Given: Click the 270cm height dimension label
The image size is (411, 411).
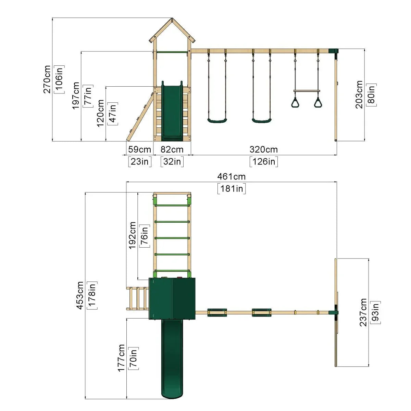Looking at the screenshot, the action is click(47, 79).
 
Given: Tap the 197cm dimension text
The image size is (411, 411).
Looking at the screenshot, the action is click(76, 96).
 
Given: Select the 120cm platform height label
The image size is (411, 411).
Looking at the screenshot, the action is click(100, 113).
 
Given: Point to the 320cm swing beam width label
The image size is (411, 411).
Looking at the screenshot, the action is click(264, 150).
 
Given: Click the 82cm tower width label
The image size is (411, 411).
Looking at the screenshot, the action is click(172, 150).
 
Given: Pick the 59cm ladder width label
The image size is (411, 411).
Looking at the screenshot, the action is click(139, 150).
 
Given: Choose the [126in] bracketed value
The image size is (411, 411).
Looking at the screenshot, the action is click(264, 162).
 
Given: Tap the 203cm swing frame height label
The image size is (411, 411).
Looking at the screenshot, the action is click(359, 95).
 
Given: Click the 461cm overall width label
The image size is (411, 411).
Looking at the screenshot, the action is click(232, 177).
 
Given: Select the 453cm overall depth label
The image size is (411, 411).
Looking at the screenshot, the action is click(80, 295).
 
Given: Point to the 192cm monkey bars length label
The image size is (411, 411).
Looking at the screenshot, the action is click(132, 235).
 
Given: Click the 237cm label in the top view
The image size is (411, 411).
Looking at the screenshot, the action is click(363, 312).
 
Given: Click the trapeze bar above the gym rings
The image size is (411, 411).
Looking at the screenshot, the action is click(307, 91).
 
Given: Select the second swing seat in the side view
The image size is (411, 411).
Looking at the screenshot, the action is click(262, 121).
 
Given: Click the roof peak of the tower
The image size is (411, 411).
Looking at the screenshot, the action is click(172, 18).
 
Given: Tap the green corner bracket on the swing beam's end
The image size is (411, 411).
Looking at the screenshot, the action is click(333, 51).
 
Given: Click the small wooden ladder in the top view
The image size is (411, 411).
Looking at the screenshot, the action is click(138, 298).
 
